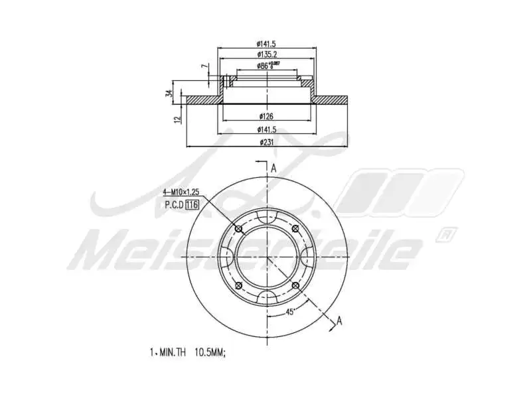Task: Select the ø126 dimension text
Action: (266, 116)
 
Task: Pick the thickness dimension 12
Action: (177, 119)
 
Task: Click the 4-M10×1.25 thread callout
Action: (181, 192)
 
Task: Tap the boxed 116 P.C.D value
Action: (192, 204)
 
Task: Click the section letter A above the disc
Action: (273, 168)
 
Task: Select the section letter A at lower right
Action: (339, 321)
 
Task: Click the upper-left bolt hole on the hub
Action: (238, 229)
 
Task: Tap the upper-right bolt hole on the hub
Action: (295, 229)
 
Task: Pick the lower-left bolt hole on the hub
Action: (238, 285)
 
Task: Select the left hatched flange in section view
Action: (202, 100)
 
